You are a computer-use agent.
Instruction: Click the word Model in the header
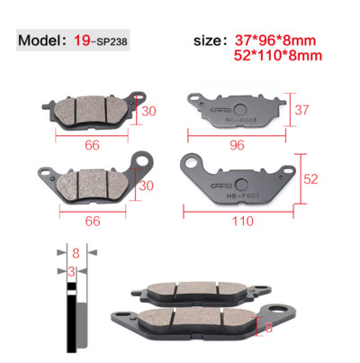(41, 41)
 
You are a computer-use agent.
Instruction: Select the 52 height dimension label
(309, 179)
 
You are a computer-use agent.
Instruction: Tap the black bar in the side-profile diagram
(67, 315)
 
